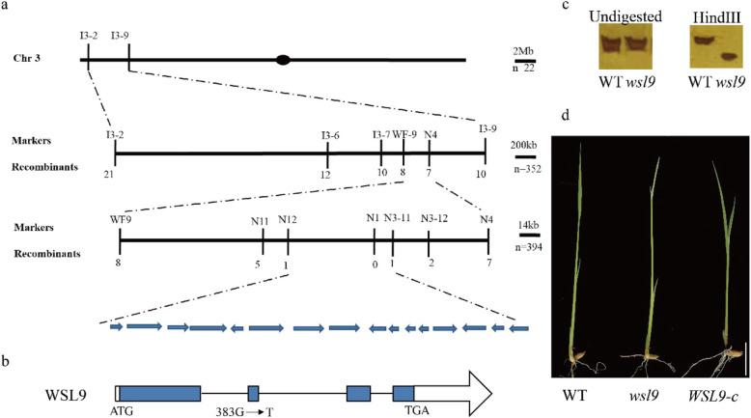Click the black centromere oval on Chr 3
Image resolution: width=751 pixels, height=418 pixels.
[x=283, y=60]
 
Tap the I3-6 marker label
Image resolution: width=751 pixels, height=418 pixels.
[x=330, y=135]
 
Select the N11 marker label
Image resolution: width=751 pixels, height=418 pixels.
[x=261, y=221]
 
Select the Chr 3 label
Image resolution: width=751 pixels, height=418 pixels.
[x=28, y=60]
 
